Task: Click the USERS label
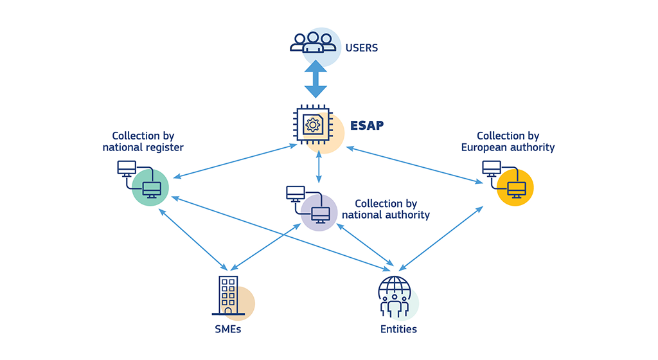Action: coord(361,48)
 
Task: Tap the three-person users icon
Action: coord(313,42)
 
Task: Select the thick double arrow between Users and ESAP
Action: coord(316,78)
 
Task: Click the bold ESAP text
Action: coord(367,125)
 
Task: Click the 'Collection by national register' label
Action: coord(143,141)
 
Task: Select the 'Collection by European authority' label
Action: coord(508,141)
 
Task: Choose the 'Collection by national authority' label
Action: coord(386,209)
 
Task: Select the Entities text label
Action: coord(398,329)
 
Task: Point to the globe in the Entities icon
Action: coord(394,287)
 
